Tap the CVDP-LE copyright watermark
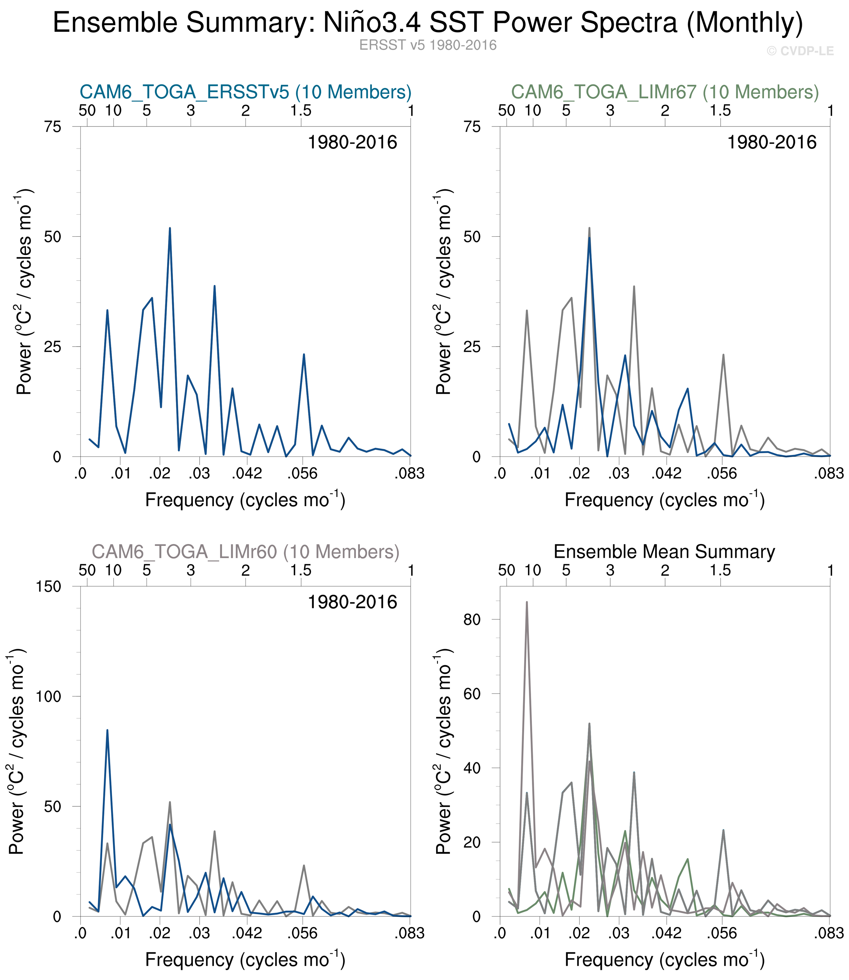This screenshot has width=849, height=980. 800,51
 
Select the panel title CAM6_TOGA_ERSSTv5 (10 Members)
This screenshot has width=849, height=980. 245,92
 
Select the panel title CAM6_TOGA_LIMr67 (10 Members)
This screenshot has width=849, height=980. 665,92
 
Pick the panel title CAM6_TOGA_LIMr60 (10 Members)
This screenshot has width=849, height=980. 245,552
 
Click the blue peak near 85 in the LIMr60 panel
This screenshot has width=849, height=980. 107,730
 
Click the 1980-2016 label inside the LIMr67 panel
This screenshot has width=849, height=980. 772,143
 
